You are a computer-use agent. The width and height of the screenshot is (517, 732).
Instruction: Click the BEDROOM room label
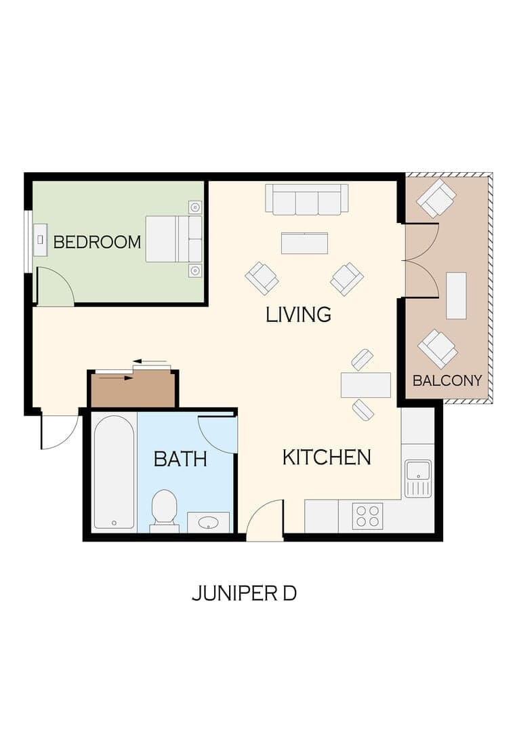97,242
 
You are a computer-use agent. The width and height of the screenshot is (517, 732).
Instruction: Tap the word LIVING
298,314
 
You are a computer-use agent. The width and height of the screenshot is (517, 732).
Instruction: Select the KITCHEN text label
326,457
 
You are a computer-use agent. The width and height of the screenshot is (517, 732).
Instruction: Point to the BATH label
180,460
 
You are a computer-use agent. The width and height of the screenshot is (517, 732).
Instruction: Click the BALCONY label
447,380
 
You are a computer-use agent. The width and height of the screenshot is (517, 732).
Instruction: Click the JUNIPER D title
244,594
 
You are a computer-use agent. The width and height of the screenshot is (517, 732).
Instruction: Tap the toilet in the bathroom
164,508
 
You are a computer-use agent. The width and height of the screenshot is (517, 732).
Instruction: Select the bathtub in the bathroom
114,472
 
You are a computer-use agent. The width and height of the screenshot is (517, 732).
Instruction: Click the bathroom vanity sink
208,522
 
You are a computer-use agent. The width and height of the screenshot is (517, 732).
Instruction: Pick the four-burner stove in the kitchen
367,516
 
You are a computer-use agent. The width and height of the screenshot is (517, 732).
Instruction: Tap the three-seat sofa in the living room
306,199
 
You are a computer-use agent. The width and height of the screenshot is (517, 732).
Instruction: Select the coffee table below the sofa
304,243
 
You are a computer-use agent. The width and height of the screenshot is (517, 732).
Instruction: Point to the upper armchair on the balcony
436,198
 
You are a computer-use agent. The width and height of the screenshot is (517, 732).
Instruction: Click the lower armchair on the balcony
438,348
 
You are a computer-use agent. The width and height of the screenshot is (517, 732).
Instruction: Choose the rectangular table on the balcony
456,296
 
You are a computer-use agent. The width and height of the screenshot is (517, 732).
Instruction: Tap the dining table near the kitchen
366,385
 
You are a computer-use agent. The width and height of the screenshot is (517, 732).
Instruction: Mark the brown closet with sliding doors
133,390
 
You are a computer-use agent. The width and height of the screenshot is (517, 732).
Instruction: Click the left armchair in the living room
262,278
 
